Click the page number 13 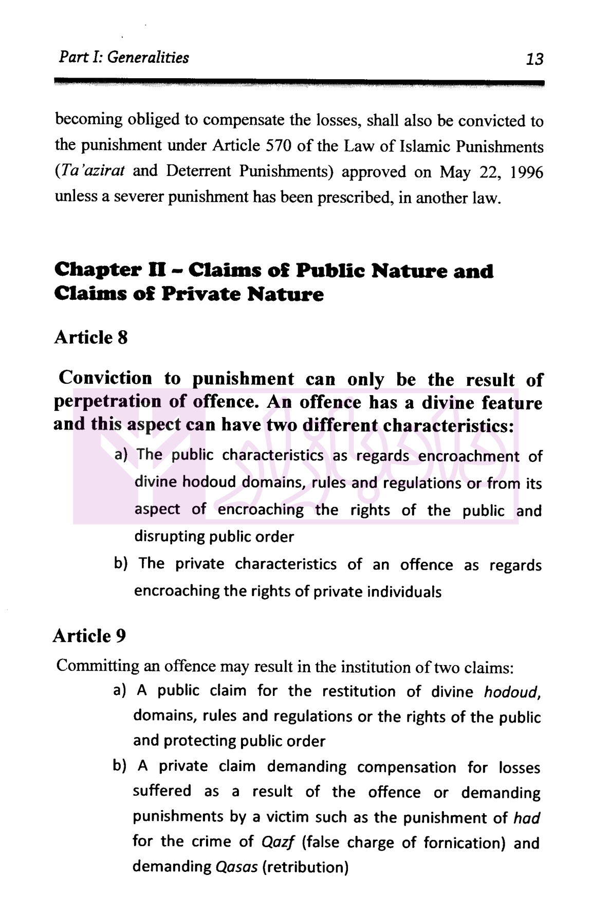tap(534, 59)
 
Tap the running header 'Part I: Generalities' tap(124, 57)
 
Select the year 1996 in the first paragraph tap(526, 172)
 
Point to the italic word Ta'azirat tap(90, 171)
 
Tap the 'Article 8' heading tap(91, 337)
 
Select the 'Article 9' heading tap(89, 636)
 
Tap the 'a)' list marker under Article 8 tap(121, 455)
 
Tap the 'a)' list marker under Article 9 tap(120, 690)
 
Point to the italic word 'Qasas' tap(236, 867)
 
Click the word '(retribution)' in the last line tap(305, 867)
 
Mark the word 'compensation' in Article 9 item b tap(407, 767)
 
